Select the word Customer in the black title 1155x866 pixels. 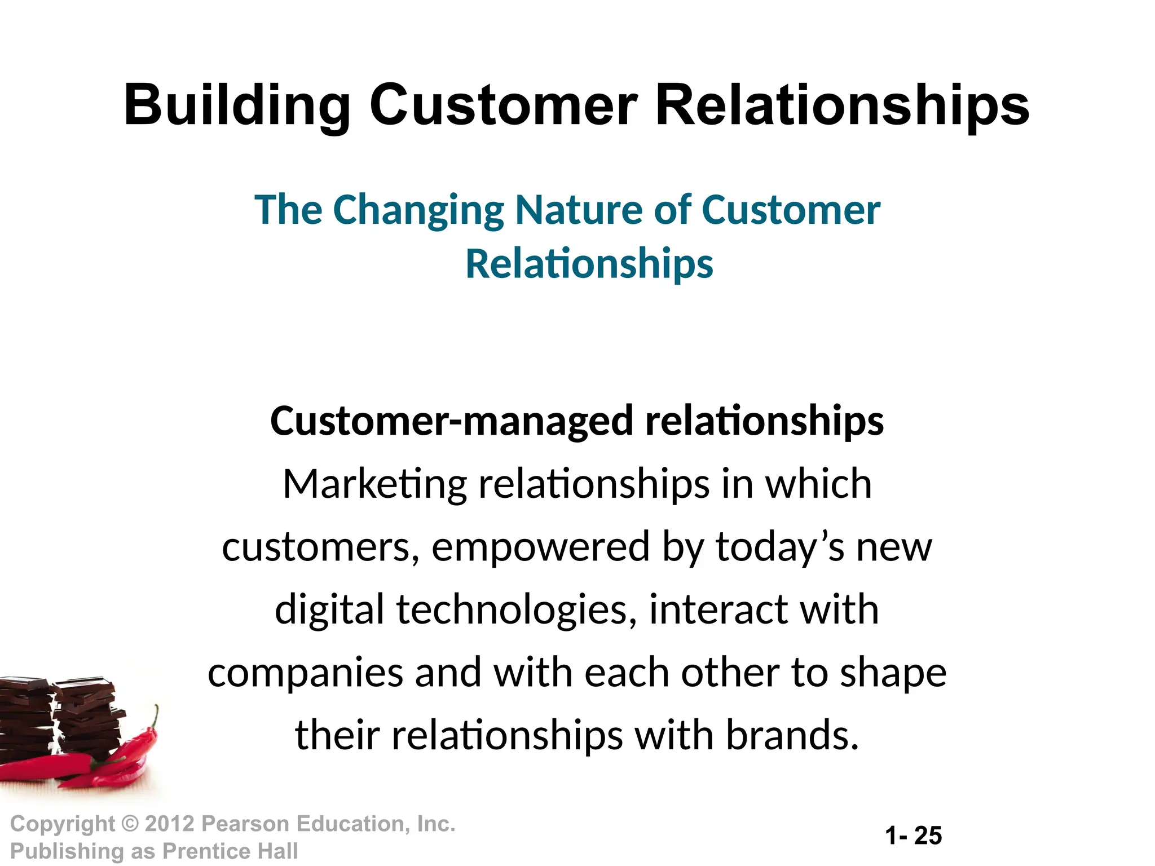(503, 105)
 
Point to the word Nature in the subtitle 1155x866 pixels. (579, 209)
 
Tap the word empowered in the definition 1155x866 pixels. (540, 547)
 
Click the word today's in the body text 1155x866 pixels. (780, 547)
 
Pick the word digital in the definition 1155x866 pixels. (329, 610)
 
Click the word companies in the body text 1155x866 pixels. (305, 673)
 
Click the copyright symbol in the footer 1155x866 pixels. (130, 824)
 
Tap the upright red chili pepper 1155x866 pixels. (141, 739)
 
